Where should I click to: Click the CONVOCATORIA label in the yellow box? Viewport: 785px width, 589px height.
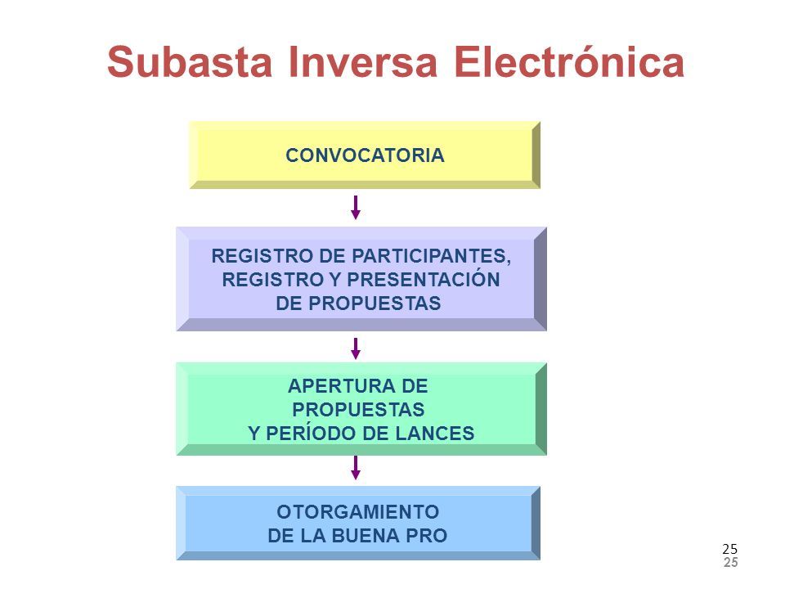point(365,155)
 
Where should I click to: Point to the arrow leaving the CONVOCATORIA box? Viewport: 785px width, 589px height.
point(356,208)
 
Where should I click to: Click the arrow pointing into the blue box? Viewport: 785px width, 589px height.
point(356,468)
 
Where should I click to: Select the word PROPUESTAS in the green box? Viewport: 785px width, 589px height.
point(360,408)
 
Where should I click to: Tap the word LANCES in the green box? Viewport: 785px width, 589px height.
point(434,431)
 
